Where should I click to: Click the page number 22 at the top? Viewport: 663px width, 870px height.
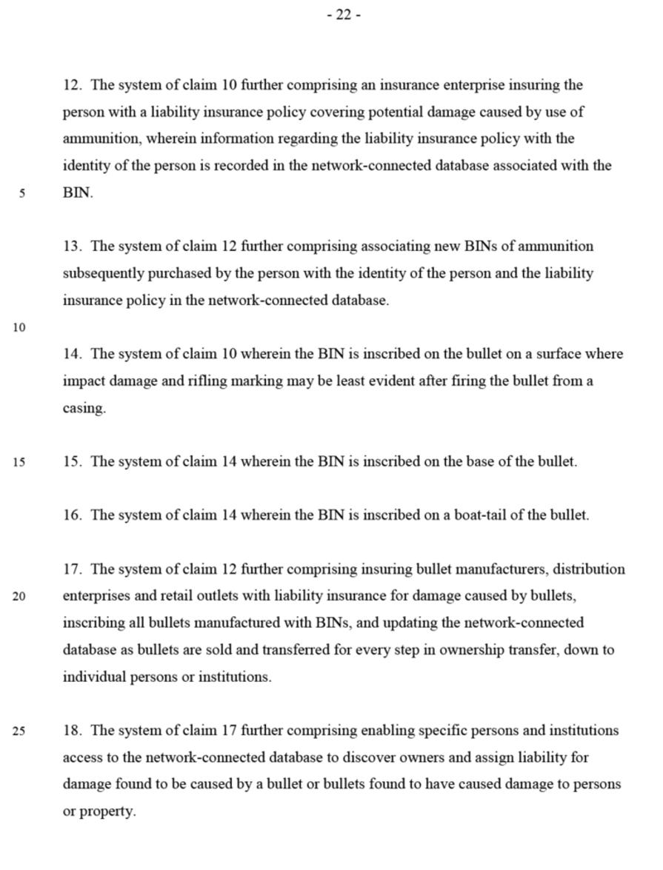pos(344,15)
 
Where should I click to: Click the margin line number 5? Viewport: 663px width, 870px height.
pos(23,194)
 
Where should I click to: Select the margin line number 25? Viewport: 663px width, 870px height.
pos(19,732)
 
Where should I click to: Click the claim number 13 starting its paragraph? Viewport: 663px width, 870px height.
pos(71,247)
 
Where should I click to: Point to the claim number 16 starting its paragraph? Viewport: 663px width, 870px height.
pos(71,515)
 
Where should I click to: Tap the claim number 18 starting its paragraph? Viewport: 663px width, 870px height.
pos(71,731)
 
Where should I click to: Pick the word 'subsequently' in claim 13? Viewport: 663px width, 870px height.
pos(103,273)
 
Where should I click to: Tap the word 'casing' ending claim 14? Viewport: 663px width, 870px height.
pos(82,409)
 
